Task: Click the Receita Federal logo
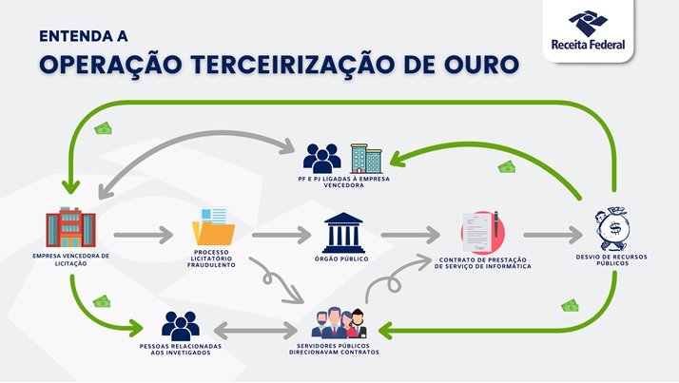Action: tap(588, 29)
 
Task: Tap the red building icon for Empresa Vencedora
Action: tap(71, 227)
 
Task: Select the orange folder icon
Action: tap(213, 226)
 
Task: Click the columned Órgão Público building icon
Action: tap(343, 233)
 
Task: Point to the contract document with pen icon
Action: tap(483, 232)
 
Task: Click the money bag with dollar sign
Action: tap(611, 229)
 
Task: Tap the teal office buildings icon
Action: tap(366, 159)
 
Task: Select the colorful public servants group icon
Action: tap(339, 323)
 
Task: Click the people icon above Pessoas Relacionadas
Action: tap(181, 325)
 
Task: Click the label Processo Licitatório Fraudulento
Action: tap(211, 259)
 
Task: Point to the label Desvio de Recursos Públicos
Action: tap(611, 259)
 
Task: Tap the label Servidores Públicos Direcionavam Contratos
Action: tap(334, 349)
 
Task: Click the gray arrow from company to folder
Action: tap(144, 235)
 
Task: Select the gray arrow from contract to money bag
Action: tap(553, 235)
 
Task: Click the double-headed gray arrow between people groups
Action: tap(256, 331)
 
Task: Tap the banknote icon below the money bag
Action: tap(570, 305)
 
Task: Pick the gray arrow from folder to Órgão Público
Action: tap(281, 235)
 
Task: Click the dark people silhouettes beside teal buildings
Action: tap(321, 159)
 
